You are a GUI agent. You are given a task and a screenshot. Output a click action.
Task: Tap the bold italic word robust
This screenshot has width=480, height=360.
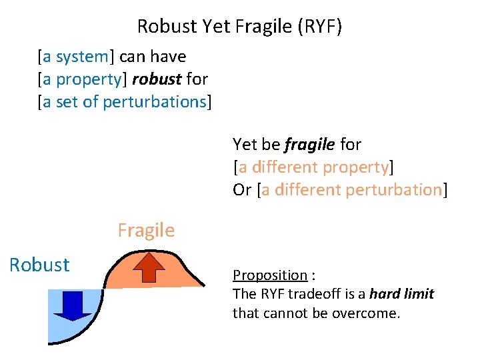pos(157,79)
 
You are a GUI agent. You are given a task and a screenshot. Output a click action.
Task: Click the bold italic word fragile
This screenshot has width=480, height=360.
pos(310,144)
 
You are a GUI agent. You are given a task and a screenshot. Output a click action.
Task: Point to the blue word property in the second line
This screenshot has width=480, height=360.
pos(89,79)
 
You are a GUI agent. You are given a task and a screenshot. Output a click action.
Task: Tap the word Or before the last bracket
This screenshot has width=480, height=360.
pos(242,189)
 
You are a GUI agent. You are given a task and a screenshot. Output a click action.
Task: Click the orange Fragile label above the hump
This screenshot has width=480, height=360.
pos(146,231)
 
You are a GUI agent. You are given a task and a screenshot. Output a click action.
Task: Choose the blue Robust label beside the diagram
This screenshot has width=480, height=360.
pos(39,265)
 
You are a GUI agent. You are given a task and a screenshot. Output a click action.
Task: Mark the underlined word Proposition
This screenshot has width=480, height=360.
pos(269,275)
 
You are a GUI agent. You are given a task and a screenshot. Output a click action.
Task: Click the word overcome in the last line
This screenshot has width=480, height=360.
pos(371,313)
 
